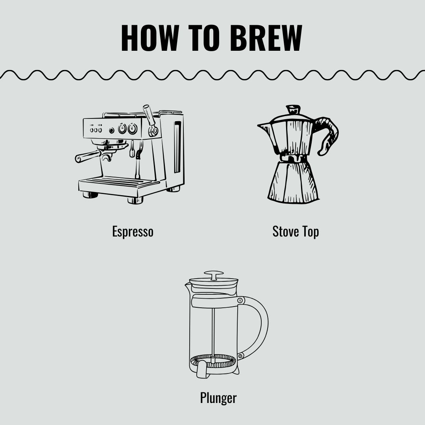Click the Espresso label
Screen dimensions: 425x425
coord(133,231)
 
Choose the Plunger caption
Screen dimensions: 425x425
coord(218,398)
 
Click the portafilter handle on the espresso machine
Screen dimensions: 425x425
coord(87,156)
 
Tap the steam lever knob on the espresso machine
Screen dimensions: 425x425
coord(149,115)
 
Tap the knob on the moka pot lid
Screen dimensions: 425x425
coord(293,109)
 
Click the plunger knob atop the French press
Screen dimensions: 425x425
coord(214,274)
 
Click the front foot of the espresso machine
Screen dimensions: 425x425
coord(135,200)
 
